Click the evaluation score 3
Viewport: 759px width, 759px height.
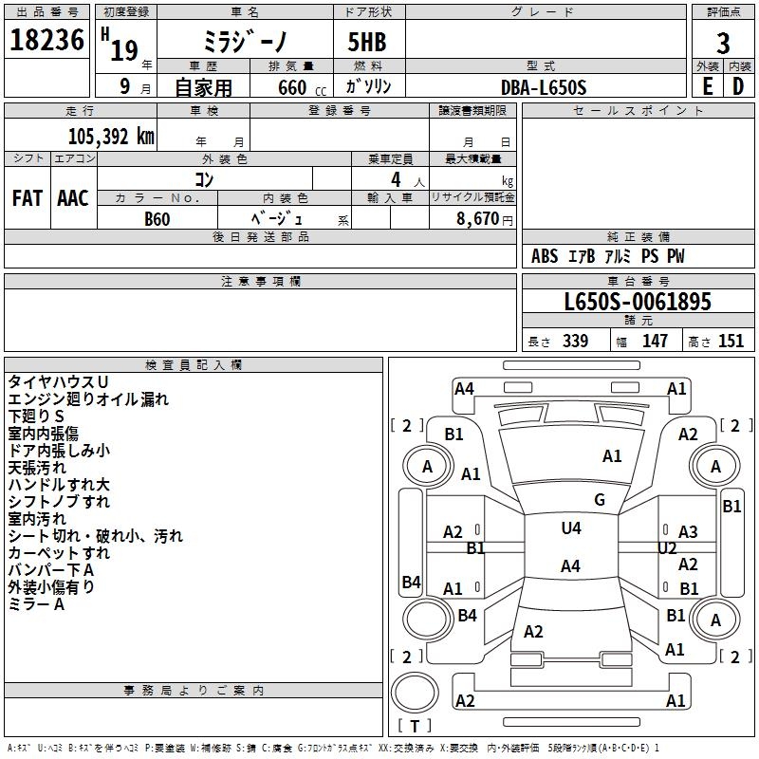[723, 43]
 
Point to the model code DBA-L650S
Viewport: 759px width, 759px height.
[544, 87]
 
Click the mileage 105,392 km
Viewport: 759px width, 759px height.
[111, 136]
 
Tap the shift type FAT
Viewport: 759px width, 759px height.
[28, 198]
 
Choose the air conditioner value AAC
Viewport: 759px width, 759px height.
[72, 198]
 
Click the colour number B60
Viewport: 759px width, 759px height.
[157, 219]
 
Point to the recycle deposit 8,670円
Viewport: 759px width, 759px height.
[483, 219]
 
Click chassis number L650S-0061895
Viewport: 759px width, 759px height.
[637, 303]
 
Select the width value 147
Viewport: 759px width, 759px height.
[655, 341]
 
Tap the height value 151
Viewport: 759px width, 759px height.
[731, 341]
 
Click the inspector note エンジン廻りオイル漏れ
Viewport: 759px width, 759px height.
[88, 399]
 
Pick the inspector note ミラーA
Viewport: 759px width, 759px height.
[36, 604]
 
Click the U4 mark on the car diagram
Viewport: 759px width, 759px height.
[570, 528]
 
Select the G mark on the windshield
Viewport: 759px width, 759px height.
[600, 500]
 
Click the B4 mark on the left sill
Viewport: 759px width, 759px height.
[411, 582]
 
